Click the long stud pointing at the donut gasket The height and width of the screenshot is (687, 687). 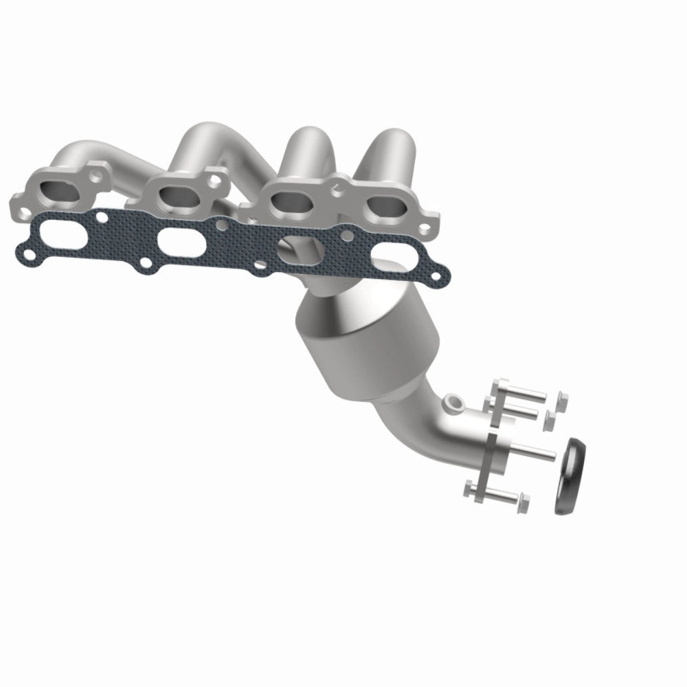[x=532, y=451]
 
